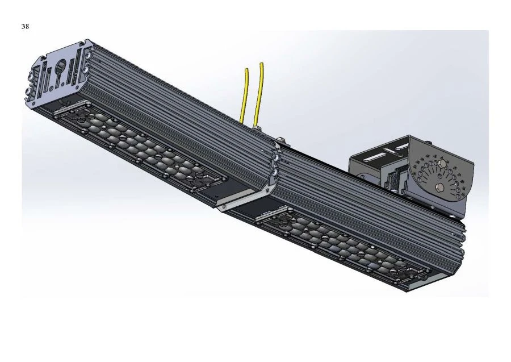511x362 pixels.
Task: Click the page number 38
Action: click(25, 26)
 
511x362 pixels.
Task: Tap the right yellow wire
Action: click(259, 91)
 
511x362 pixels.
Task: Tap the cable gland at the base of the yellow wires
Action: click(256, 130)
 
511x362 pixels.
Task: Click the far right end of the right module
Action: click(461, 256)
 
